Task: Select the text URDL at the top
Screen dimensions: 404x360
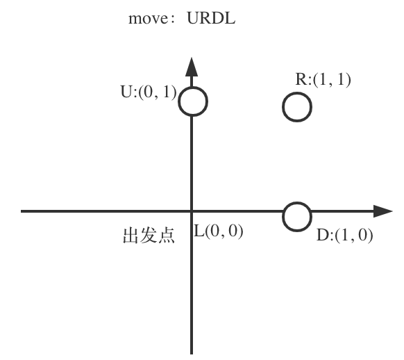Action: click(211, 18)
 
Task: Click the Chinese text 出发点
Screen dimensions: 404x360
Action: click(149, 236)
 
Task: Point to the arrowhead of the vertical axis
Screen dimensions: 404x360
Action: click(192, 67)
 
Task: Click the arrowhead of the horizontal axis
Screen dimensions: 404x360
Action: click(383, 211)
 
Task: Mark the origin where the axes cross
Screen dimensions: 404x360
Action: click(192, 211)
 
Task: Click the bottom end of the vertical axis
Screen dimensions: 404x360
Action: click(192, 354)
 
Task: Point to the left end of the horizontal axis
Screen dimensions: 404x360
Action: click(22, 211)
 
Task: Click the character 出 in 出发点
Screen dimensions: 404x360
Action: click(131, 236)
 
